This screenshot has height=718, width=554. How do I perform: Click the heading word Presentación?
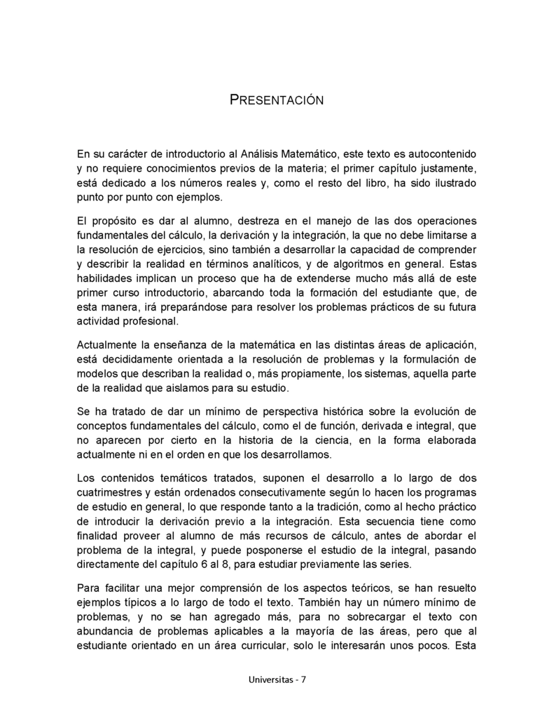(x=277, y=100)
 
